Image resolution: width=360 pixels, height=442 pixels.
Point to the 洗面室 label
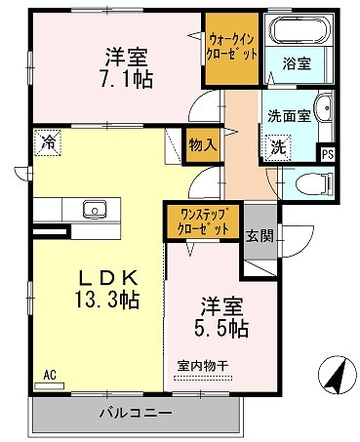coord(290,115)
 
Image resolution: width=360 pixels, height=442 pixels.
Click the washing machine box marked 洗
coord(278,148)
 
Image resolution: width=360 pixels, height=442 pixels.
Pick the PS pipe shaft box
coord(327,153)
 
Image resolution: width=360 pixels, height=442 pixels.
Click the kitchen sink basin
coord(96,209)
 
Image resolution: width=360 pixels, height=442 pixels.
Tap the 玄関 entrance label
coord(260,235)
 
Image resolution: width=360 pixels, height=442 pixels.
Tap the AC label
coord(48,374)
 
